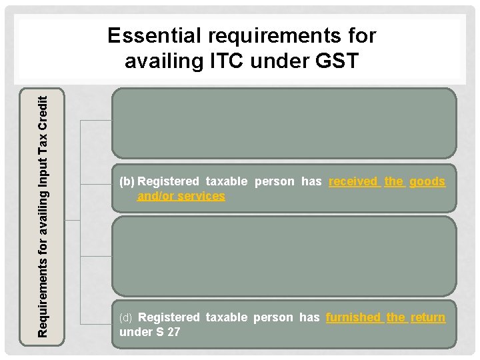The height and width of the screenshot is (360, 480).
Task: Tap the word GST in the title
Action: click(x=334, y=61)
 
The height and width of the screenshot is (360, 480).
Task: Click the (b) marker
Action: click(x=127, y=181)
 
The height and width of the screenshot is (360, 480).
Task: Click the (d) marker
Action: click(x=127, y=317)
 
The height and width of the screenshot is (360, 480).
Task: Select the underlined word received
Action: click(x=354, y=181)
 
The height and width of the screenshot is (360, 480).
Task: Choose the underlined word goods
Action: click(x=427, y=181)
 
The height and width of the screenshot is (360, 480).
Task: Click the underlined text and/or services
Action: click(x=181, y=196)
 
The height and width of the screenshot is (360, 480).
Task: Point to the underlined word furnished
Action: click(x=353, y=317)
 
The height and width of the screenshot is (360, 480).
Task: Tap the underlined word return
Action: click(x=428, y=317)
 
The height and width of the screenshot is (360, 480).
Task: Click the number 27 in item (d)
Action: click(x=173, y=331)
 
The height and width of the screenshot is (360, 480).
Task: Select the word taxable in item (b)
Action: click(x=227, y=181)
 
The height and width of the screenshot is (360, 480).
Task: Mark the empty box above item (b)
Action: click(x=284, y=123)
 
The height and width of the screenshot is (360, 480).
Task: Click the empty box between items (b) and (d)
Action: click(x=284, y=255)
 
